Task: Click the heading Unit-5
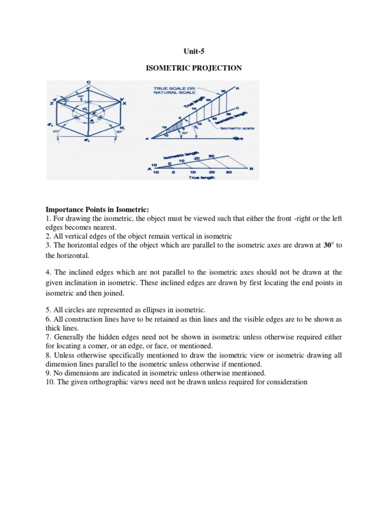[193, 51]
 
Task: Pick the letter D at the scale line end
[236, 89]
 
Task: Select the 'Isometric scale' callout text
[237, 128]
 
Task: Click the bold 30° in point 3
[327, 245]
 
